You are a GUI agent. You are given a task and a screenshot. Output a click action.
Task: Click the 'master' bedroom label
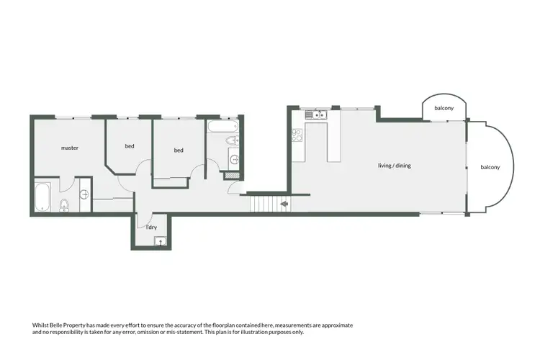click(x=69, y=148)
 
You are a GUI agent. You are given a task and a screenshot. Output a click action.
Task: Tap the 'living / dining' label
click(x=394, y=166)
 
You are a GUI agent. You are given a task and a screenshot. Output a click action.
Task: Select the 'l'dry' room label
click(x=151, y=228)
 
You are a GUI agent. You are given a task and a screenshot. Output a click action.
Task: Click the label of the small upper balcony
click(x=444, y=109)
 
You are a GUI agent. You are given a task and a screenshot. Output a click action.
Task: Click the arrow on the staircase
click(x=284, y=204)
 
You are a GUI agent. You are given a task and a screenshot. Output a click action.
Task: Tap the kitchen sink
click(x=317, y=114)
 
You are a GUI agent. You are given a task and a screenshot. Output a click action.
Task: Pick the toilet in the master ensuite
click(x=63, y=204)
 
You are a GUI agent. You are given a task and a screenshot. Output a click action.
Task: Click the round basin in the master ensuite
click(x=84, y=194)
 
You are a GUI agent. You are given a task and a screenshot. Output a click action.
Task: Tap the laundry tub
click(x=160, y=241)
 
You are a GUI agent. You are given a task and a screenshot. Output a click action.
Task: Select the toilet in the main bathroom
click(x=232, y=140)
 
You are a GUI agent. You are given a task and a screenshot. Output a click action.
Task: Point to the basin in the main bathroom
click(x=233, y=158)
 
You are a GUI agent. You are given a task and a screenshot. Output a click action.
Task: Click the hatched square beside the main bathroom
click(x=232, y=174)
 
